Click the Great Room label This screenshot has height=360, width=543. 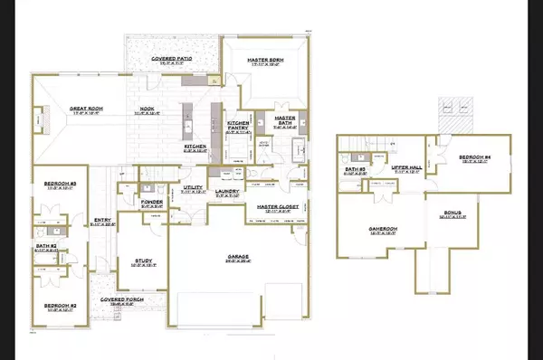[x=86, y=109]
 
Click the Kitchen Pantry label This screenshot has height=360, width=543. [x=238, y=126]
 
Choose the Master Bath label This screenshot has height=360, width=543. [x=286, y=118]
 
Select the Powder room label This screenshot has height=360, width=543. [x=151, y=204]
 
